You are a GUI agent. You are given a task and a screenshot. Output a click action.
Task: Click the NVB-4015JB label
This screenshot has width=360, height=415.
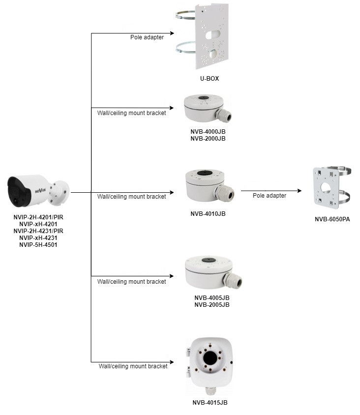(210, 403)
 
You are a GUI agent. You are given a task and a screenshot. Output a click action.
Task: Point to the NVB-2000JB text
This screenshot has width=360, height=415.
(208, 139)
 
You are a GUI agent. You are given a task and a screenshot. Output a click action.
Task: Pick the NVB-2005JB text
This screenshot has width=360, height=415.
(211, 304)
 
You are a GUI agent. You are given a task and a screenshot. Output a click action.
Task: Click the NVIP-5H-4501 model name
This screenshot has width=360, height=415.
(38, 244)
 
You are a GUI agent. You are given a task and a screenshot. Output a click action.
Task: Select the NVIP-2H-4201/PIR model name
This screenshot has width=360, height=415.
(38, 217)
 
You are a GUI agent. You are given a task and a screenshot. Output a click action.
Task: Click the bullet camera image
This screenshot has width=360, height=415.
(37, 192)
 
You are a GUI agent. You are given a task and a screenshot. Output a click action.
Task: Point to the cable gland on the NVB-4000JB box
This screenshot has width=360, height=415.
(224, 116)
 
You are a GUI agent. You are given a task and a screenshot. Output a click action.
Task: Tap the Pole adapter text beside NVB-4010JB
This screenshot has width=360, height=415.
(270, 195)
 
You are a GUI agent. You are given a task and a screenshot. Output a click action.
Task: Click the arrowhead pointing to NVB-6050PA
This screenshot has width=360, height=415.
(299, 191)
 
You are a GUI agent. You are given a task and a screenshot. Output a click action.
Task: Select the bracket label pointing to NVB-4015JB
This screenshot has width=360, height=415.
(133, 366)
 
